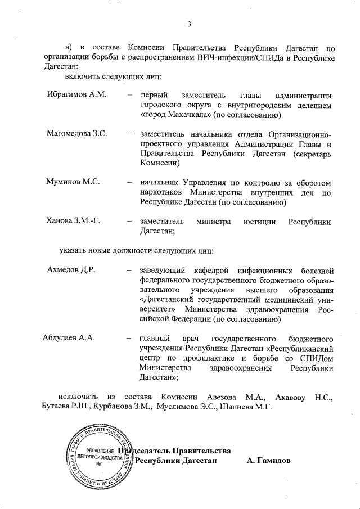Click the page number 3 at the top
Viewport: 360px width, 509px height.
coord(189,24)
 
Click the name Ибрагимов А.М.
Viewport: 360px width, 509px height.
coord(76,94)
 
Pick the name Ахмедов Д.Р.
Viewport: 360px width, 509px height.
coord(72,269)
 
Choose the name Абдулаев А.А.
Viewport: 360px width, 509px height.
coord(69,338)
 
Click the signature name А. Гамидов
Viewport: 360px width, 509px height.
coord(269,461)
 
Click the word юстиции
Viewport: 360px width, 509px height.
coord(259,222)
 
